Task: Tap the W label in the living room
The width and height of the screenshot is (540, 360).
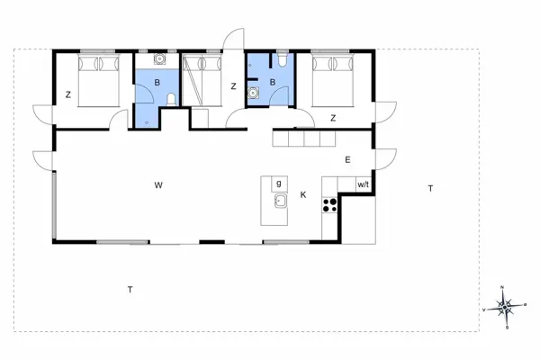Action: pyautogui.click(x=157, y=185)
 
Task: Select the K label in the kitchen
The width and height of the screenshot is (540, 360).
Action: pyautogui.click(x=303, y=194)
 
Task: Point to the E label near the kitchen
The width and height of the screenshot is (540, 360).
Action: pyautogui.click(x=346, y=160)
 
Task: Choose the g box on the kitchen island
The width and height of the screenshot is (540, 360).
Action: pyautogui.click(x=279, y=184)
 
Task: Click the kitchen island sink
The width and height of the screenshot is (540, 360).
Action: pyautogui.click(x=280, y=200)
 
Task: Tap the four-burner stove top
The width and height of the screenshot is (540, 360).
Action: pyautogui.click(x=329, y=204)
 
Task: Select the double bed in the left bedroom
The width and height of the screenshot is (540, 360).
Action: pyautogui.click(x=97, y=81)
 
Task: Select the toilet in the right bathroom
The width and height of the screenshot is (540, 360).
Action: pyautogui.click(x=282, y=61)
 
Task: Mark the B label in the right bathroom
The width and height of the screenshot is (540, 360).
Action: pyautogui.click(x=273, y=84)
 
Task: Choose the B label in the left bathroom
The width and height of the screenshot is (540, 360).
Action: pyautogui.click(x=157, y=84)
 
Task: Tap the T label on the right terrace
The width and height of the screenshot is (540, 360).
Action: pyautogui.click(x=430, y=188)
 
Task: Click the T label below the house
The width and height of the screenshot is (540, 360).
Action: pyautogui.click(x=130, y=289)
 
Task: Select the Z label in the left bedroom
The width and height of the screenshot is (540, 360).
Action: pyautogui.click(x=68, y=94)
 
